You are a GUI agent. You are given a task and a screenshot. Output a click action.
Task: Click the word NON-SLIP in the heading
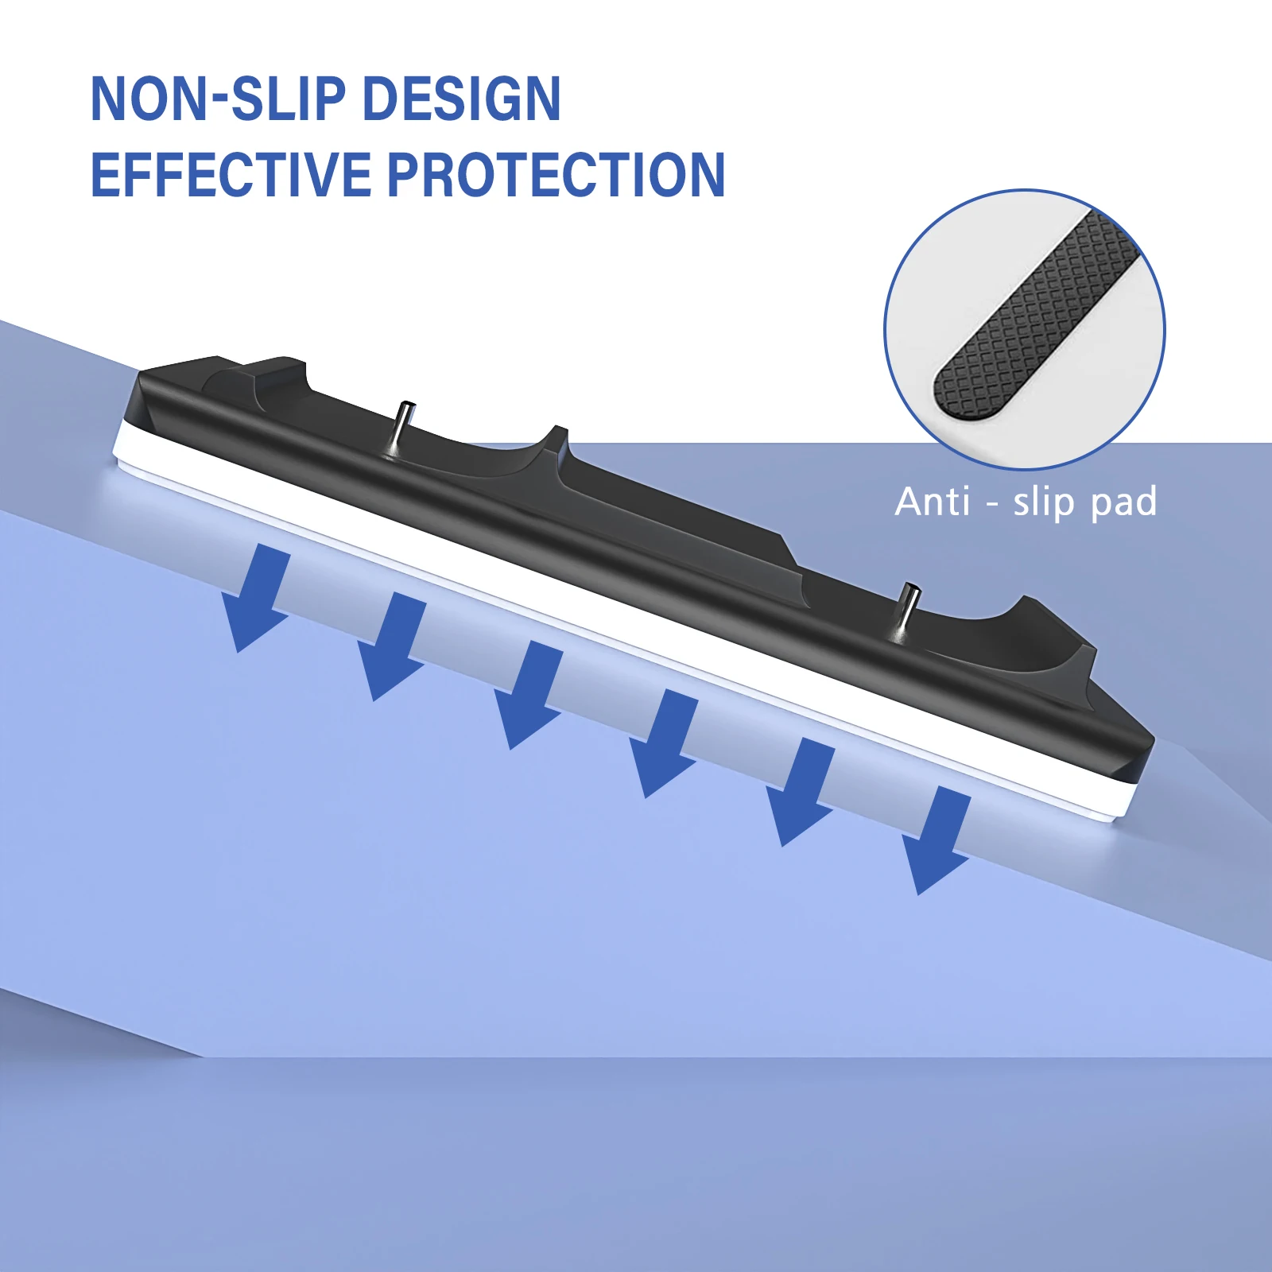218,99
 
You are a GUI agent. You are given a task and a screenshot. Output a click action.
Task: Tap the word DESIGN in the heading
461,99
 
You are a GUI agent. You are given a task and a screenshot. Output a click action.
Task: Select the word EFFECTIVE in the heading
231,175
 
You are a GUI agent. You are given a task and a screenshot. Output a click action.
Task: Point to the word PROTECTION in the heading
556,175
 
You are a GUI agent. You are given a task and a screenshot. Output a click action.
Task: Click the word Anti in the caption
933,502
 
